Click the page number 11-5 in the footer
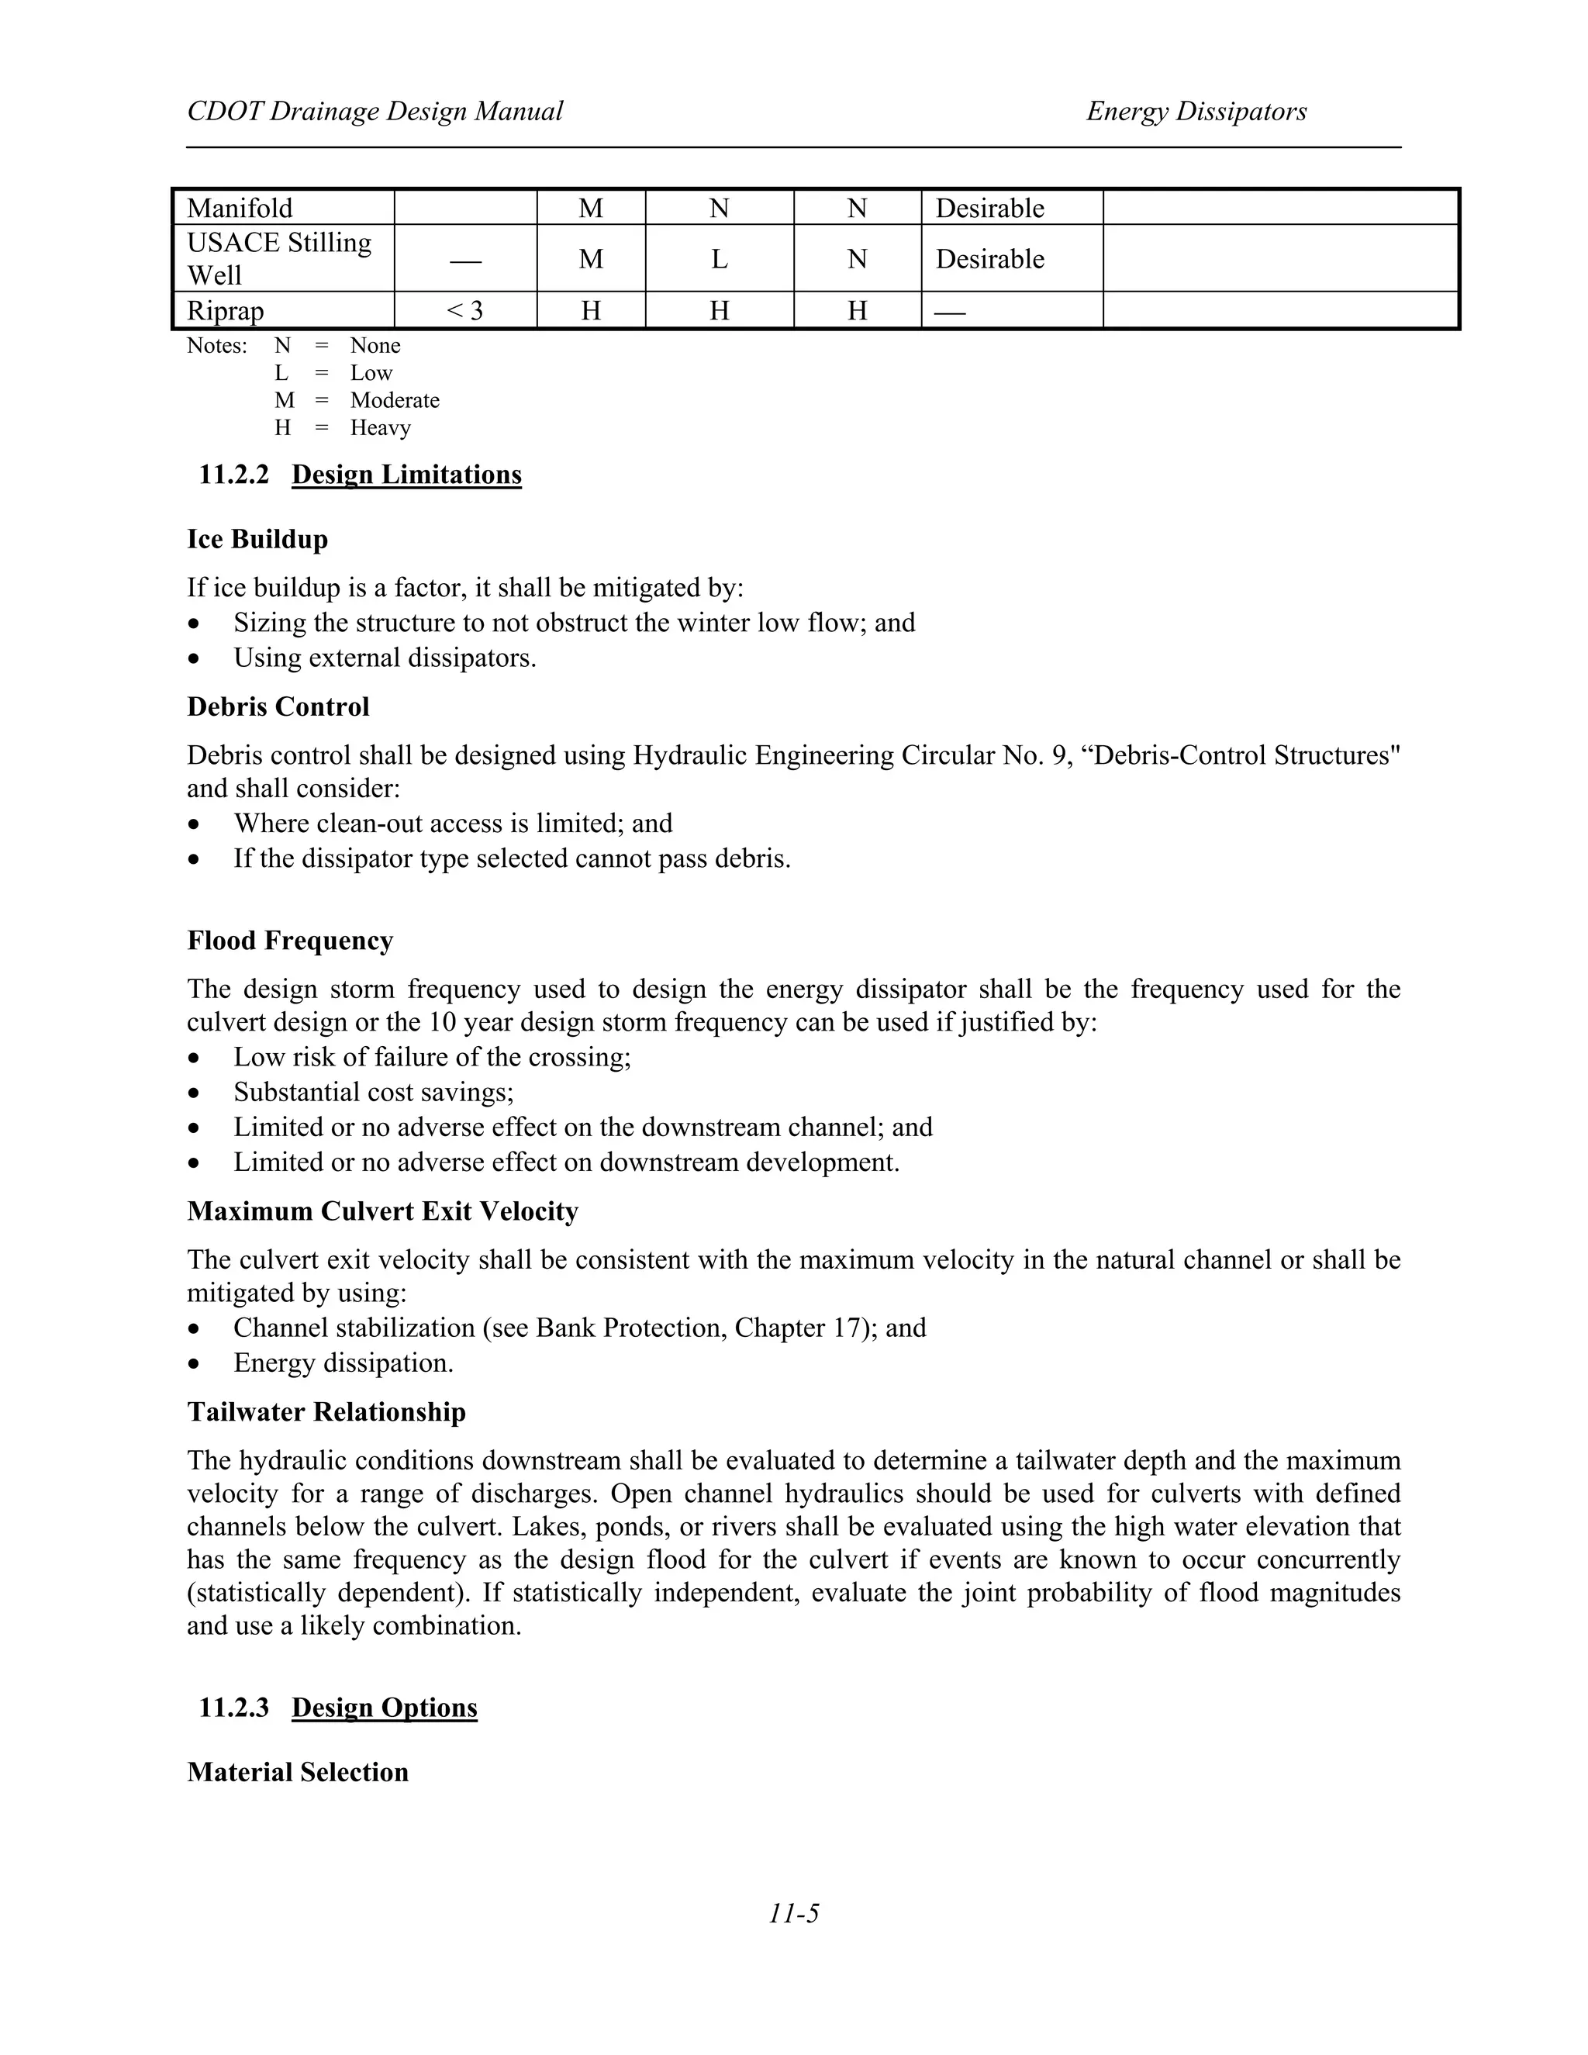(x=793, y=1913)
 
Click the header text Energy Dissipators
(x=1196, y=112)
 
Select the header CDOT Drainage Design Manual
(x=375, y=112)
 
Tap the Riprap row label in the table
(x=226, y=310)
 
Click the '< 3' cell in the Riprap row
(x=464, y=310)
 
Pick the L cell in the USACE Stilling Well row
(x=719, y=259)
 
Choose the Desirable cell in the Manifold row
(x=989, y=208)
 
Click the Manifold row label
(x=240, y=208)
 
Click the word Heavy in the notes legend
(x=380, y=428)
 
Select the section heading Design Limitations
(x=406, y=475)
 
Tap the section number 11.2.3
(x=233, y=1708)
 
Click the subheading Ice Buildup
(x=257, y=539)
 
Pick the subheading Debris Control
(x=278, y=706)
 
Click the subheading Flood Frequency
(x=290, y=941)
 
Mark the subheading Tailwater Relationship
(x=326, y=1412)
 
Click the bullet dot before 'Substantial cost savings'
(x=194, y=1093)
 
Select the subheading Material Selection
(x=297, y=1773)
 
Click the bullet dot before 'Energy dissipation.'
(x=194, y=1364)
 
